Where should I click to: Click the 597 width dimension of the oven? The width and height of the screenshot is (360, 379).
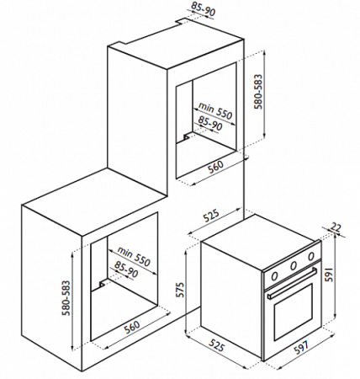[x=301, y=347]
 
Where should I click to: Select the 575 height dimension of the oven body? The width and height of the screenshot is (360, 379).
[x=180, y=290]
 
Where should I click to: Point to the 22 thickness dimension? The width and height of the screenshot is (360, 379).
[x=336, y=227]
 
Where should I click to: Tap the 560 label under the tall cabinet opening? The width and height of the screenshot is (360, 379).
[x=215, y=167]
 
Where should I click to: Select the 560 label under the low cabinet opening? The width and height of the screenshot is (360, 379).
[x=131, y=327]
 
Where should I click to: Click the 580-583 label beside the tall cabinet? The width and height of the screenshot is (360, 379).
[x=257, y=92]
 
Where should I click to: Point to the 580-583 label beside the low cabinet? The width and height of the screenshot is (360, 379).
[x=66, y=298]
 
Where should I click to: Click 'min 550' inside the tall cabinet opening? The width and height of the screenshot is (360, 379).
[x=215, y=110]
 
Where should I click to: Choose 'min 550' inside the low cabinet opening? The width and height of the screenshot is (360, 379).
[x=134, y=257]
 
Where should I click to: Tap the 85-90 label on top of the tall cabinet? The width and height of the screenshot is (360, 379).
[x=204, y=9]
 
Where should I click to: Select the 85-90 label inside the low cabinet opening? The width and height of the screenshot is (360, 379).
[x=126, y=269]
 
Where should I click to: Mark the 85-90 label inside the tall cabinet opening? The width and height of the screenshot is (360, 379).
[x=210, y=123]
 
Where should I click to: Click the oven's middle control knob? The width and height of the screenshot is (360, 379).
[x=294, y=264]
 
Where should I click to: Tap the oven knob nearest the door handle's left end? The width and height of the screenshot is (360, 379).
[x=275, y=276]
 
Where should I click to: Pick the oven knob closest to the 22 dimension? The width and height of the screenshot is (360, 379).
[x=311, y=256]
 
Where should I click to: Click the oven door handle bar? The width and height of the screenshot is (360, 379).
[x=292, y=283]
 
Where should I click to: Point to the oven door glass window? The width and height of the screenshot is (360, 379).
[x=294, y=312]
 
